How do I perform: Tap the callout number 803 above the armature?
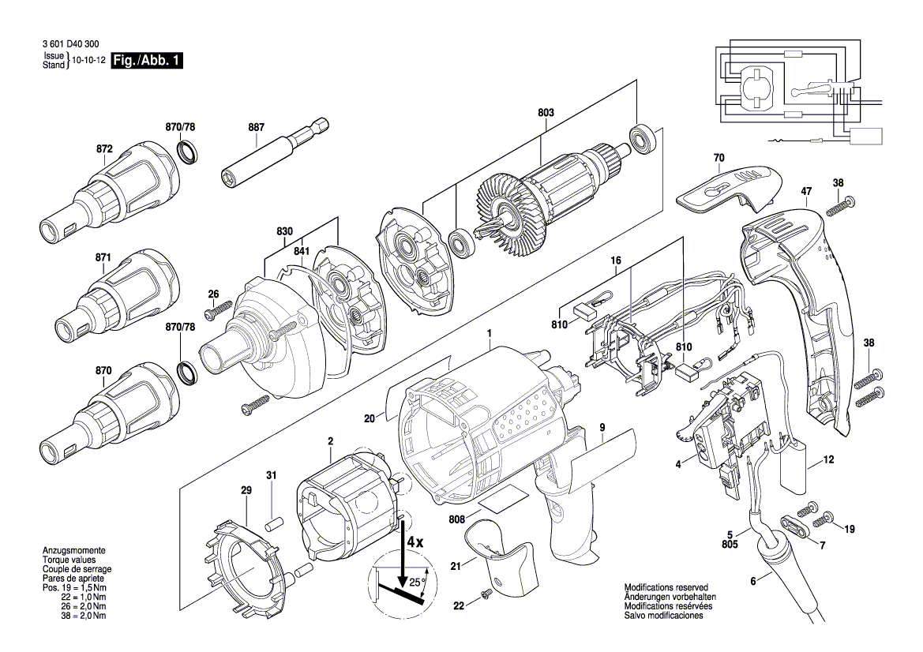point(546,113)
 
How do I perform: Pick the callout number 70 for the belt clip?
point(719,158)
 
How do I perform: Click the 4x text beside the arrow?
point(415,543)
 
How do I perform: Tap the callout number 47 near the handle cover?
point(805,191)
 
